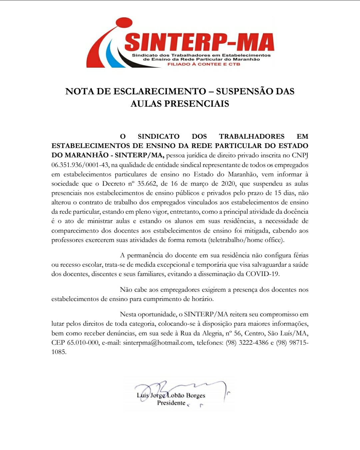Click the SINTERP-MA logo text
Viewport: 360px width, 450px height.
click(x=199, y=42)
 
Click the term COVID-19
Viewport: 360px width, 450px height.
click(x=262, y=274)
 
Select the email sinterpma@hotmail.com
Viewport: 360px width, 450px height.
click(x=158, y=342)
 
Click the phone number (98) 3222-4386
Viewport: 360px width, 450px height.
click(x=247, y=342)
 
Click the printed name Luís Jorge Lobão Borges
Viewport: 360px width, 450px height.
click(x=171, y=395)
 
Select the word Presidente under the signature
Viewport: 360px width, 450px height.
click(x=171, y=403)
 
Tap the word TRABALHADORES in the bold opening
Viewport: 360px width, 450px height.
click(x=252, y=136)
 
